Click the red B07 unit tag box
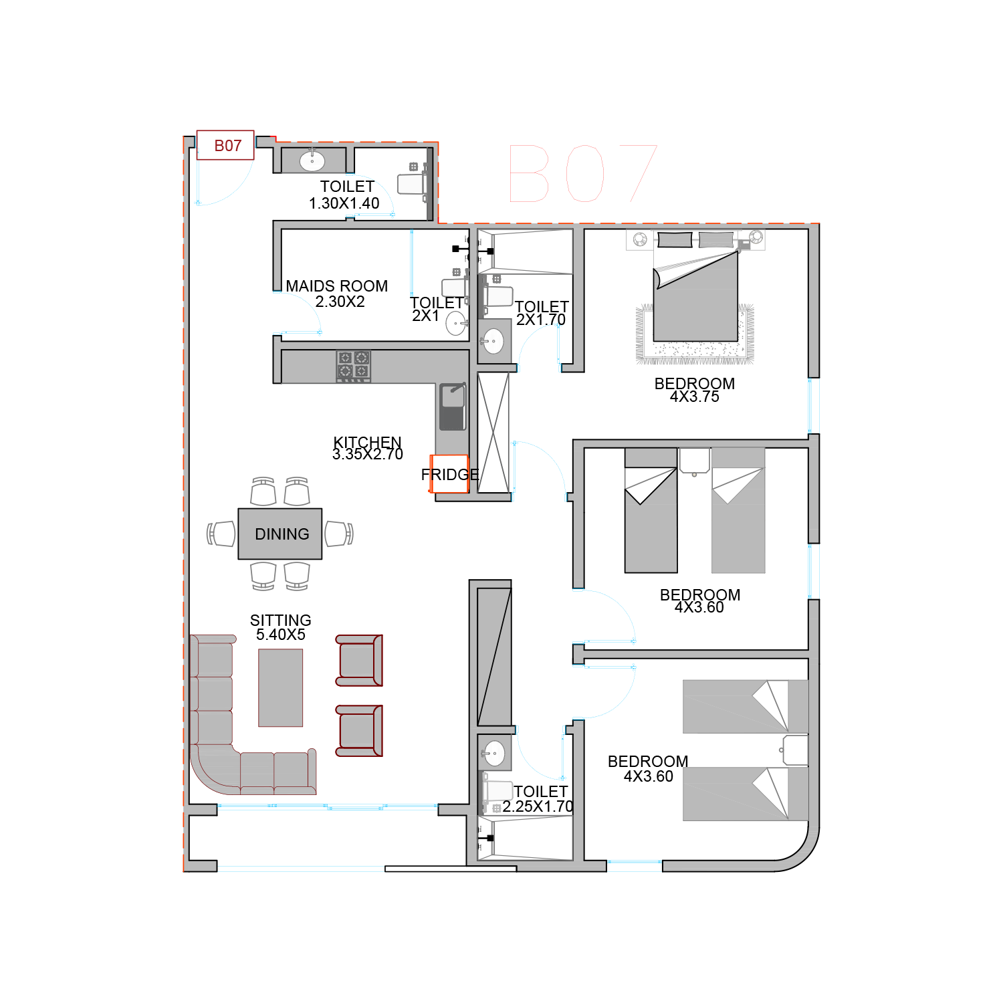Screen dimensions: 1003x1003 click(225, 145)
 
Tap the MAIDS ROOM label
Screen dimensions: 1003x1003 click(337, 286)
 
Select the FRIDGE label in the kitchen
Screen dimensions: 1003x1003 click(450, 475)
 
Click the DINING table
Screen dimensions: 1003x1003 click(280, 534)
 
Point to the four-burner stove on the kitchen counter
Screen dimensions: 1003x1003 click(353, 366)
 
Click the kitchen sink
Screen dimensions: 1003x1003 click(453, 407)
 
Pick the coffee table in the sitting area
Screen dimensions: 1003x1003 click(281, 687)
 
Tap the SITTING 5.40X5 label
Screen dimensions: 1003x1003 click(281, 627)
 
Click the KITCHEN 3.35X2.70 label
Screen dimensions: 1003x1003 click(368, 448)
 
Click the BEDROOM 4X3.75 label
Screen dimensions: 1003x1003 click(695, 390)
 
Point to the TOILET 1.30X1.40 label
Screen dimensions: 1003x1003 click(345, 195)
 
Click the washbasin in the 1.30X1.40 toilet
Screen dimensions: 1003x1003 click(312, 160)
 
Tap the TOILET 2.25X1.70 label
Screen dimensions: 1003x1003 click(539, 799)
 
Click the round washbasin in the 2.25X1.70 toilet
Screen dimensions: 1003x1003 click(495, 754)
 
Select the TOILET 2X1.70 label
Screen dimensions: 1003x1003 click(542, 313)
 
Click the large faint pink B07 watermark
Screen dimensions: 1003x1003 click(584, 173)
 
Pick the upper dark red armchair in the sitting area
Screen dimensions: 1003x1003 click(359, 661)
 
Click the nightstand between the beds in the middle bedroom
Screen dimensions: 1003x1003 click(695, 461)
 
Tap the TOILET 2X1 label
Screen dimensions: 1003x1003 click(436, 309)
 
